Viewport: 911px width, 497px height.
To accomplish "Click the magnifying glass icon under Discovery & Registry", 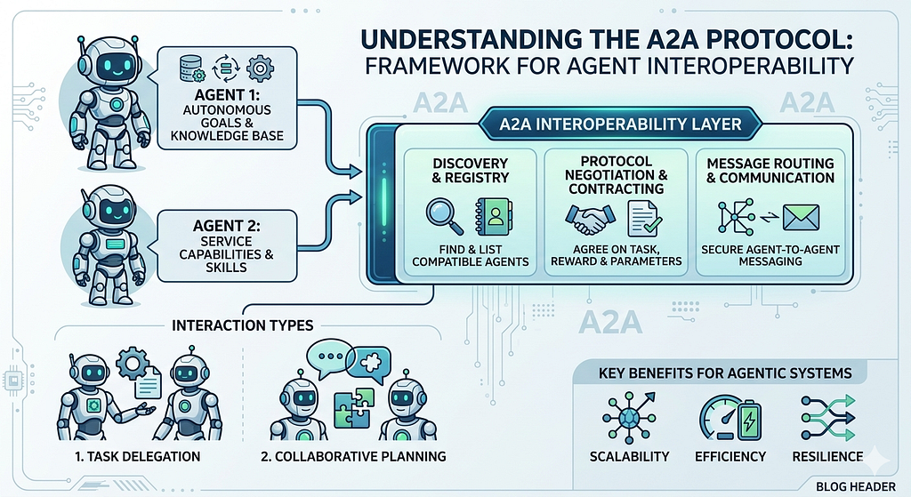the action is [445, 216].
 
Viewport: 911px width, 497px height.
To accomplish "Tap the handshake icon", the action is [590, 220].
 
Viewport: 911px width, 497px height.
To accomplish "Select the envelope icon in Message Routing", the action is [801, 219].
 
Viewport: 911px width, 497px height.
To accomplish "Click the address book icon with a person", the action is [493, 217].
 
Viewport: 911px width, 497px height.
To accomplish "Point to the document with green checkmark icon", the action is [644, 219].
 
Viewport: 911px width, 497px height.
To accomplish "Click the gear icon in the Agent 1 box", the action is [260, 68].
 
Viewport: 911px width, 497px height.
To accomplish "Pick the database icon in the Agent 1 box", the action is [192, 68].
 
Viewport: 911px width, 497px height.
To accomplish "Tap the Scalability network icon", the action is [629, 418].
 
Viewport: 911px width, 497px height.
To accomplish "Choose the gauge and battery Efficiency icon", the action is [730, 418].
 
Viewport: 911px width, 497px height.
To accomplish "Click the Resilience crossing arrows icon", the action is [828, 418].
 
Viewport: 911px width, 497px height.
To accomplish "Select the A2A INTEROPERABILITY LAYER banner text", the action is [620, 124].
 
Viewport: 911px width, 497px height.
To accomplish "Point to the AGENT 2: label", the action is [226, 225].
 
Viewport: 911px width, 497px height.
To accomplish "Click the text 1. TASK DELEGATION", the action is [138, 456].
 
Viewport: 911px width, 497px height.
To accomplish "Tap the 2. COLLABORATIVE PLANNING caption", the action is [353, 456].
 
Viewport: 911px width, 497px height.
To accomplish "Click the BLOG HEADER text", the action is [855, 486].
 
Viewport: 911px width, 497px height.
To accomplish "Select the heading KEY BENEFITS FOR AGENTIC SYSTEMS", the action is [725, 373].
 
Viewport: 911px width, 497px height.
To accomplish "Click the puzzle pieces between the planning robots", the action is [354, 408].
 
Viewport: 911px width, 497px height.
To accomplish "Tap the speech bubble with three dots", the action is [329, 355].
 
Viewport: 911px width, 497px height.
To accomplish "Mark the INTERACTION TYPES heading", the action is [242, 325].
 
